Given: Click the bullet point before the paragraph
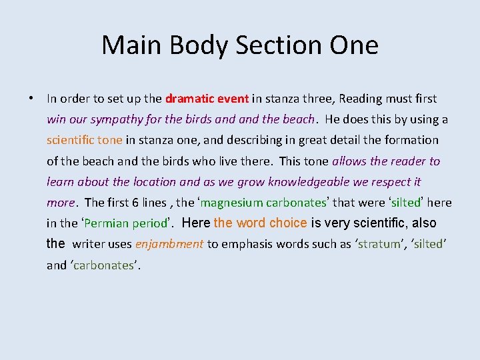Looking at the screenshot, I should (x=31, y=99).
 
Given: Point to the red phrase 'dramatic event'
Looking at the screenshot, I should (x=207, y=99).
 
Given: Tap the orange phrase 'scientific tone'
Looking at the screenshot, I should (x=85, y=140).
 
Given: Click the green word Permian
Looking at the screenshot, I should (x=108, y=223).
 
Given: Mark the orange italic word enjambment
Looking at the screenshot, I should (x=169, y=244).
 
